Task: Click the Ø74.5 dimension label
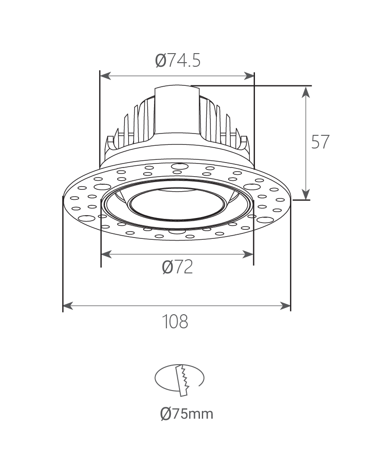[x=178, y=60]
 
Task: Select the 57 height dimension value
[x=320, y=142]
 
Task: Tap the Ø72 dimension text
[x=178, y=267]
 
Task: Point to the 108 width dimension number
[x=175, y=321]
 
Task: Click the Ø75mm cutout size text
[x=187, y=413]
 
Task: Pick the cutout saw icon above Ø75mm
[x=180, y=380]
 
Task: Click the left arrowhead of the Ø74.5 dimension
[x=105, y=76]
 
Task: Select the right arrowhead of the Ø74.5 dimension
[x=249, y=76]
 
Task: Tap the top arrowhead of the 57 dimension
[x=306, y=92]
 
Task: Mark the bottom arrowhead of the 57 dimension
[x=306, y=194]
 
